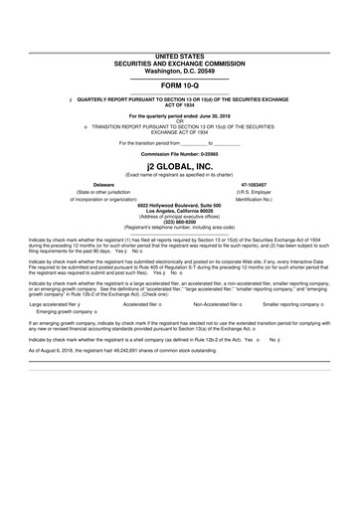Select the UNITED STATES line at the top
180,59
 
